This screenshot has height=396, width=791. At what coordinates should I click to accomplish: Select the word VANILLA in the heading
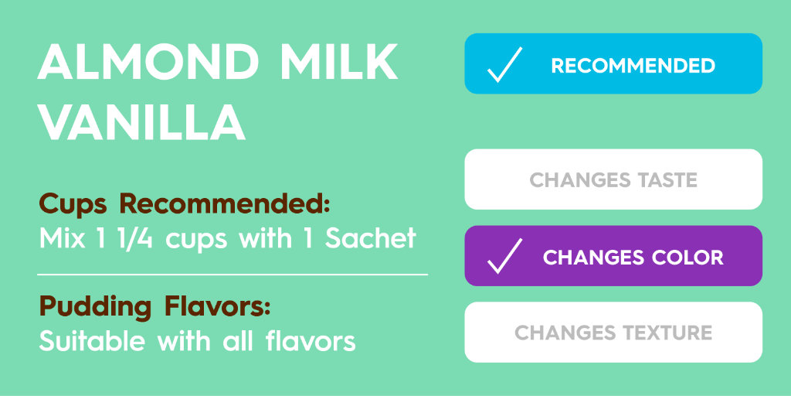141,122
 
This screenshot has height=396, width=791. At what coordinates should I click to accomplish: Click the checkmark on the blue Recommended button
504,65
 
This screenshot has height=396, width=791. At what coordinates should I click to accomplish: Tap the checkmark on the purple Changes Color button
504,257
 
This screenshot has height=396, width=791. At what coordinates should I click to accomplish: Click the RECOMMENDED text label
633,66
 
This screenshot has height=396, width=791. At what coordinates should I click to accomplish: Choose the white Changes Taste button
613,179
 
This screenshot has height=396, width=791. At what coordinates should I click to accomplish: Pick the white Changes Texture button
613,333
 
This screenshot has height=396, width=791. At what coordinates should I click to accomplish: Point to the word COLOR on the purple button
686,257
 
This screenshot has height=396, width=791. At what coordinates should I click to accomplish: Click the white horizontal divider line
232,274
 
